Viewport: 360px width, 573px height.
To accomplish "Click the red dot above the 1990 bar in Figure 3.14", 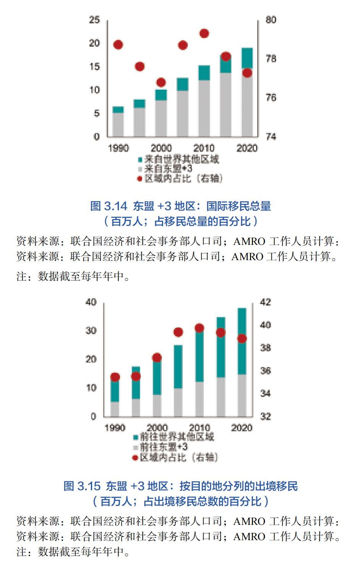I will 118,45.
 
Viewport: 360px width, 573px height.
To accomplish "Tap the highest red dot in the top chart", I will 204,34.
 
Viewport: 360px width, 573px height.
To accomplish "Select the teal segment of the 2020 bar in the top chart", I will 247,58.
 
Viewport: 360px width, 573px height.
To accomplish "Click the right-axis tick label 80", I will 271,19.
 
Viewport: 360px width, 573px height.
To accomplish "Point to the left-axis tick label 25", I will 94,19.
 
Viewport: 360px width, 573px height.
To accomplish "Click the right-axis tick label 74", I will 271,136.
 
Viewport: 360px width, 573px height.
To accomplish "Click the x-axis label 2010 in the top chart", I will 204,148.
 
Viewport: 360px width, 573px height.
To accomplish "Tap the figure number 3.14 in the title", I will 115,206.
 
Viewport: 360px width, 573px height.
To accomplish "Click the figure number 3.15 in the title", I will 89,486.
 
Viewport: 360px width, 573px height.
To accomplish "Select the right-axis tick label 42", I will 265,302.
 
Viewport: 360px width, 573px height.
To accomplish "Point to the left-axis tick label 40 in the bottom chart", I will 91,302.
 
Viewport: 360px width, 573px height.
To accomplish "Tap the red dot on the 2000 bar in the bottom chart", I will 157,358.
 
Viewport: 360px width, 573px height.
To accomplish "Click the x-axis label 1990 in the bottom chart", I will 115,428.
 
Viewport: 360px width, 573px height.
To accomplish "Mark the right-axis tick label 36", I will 265,371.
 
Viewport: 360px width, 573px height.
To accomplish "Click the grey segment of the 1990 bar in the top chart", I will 118,125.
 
